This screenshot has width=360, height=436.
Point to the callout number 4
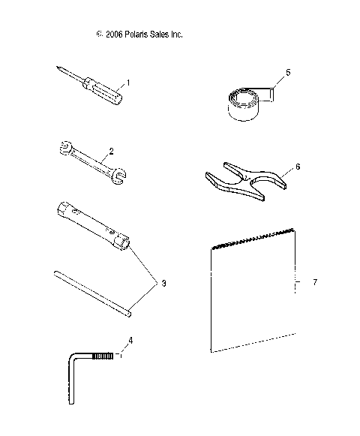pyautogui.click(x=130, y=341)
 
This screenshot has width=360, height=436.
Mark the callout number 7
pyautogui.click(x=315, y=282)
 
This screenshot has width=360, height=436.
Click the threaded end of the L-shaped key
pyautogui.click(x=109, y=356)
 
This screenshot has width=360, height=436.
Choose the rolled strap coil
pyautogui.click(x=245, y=103)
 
